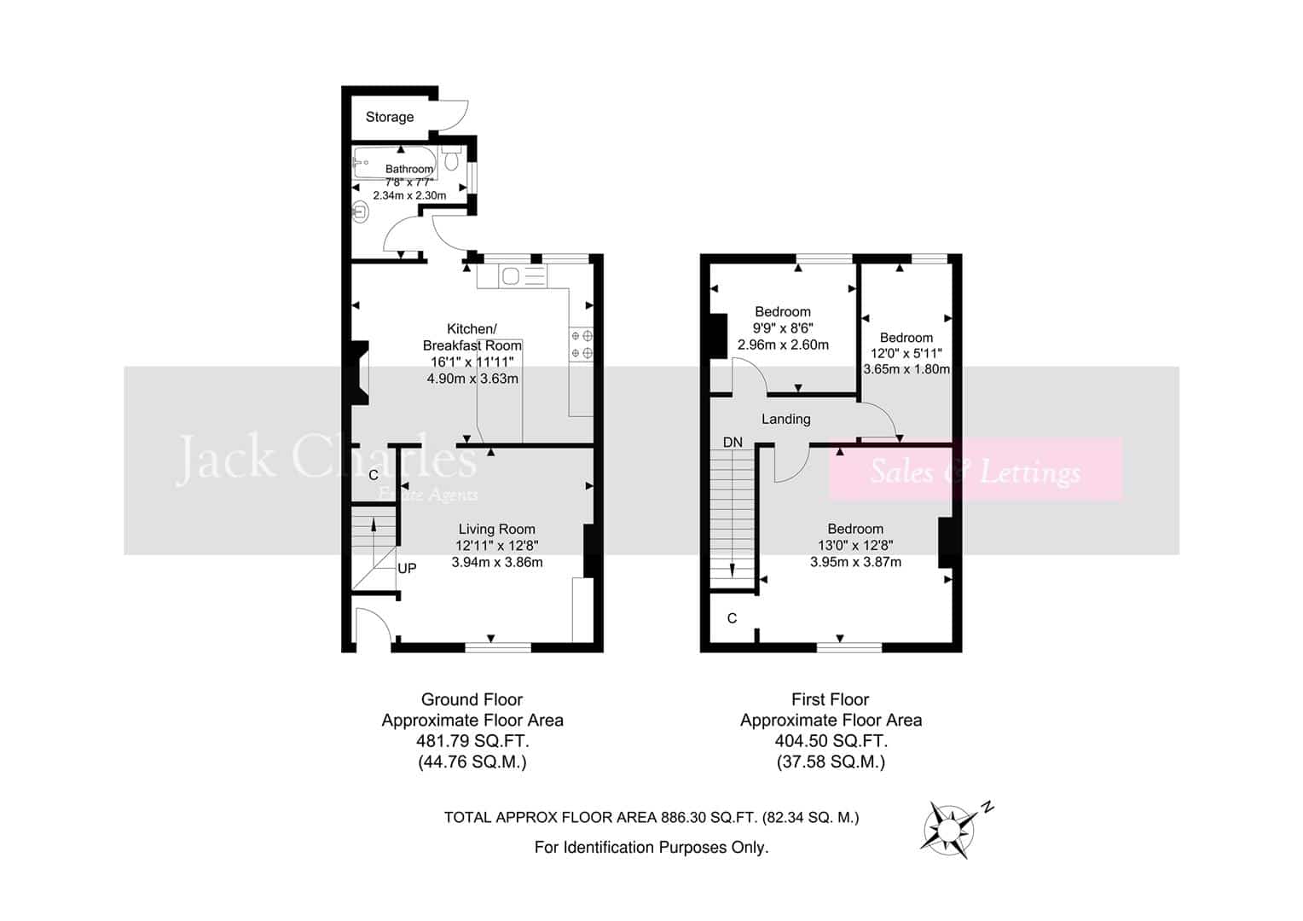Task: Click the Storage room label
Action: click(389, 117)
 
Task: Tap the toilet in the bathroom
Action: click(451, 156)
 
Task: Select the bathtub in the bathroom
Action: click(395, 163)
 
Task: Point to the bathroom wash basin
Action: click(361, 212)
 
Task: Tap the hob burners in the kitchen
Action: click(581, 345)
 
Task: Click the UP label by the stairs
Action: click(407, 569)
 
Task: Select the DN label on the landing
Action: click(733, 443)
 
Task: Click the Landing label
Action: click(786, 419)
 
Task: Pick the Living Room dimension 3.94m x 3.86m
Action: click(497, 563)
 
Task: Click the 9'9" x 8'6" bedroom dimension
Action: click(783, 328)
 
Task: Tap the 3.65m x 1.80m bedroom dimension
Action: click(906, 369)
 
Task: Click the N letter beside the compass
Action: click(987, 807)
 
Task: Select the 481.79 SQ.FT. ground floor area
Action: click(472, 741)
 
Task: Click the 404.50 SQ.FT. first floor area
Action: click(831, 741)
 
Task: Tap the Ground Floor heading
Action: click(472, 699)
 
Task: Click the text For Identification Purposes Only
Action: click(651, 848)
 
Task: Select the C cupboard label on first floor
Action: click(732, 618)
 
